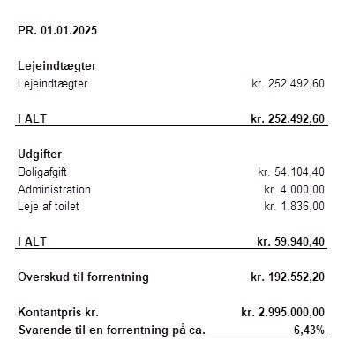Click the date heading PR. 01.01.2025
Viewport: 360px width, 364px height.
[x=57, y=30]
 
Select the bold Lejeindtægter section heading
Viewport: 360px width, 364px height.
[x=57, y=65]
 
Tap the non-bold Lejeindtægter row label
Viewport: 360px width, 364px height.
[x=53, y=83]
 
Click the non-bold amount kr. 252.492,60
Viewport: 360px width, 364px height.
[x=288, y=83]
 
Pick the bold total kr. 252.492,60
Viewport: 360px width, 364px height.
[x=288, y=118]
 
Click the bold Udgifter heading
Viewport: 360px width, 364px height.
[x=40, y=154]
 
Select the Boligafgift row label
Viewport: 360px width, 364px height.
[x=43, y=171]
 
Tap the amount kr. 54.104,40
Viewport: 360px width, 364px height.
[x=291, y=171]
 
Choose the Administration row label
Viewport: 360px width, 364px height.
[x=54, y=189]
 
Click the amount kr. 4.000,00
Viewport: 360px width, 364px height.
[x=295, y=189]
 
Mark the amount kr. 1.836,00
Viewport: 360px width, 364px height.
[x=295, y=206]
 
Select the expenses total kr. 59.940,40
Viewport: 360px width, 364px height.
[x=290, y=241]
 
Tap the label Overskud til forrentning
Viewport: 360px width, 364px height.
[x=84, y=277]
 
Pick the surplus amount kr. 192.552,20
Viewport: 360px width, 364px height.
[x=288, y=277]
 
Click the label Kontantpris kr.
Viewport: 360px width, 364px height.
[x=58, y=312]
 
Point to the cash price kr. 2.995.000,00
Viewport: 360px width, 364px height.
[x=282, y=312]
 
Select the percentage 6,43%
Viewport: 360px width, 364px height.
[x=309, y=330]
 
